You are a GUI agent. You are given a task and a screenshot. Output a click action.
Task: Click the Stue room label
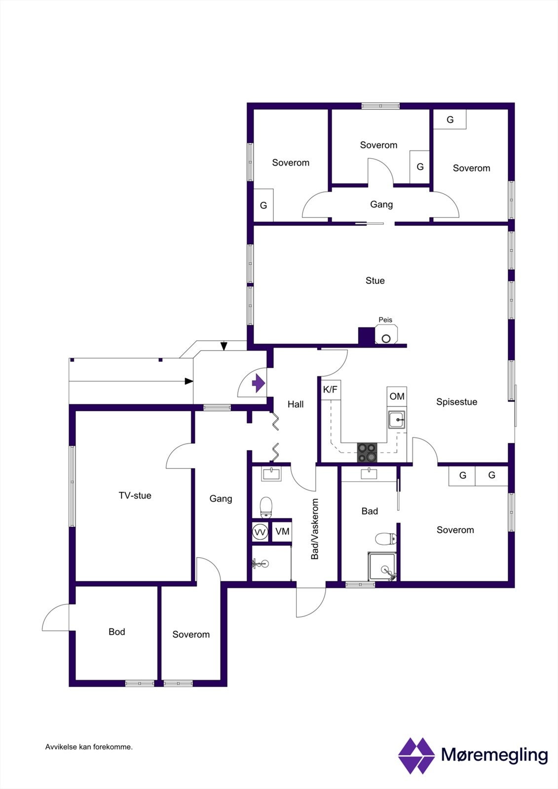[x=375, y=281]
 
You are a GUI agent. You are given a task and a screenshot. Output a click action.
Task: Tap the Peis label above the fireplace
[x=385, y=320]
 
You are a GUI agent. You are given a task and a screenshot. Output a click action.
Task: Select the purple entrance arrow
[x=259, y=383]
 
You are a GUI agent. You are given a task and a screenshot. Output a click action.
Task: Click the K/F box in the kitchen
[x=331, y=390]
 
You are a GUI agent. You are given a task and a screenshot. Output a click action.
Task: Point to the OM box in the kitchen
[x=397, y=396]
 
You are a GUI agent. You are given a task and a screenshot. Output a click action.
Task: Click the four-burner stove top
[x=367, y=452]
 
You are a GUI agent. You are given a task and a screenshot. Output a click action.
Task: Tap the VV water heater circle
[x=260, y=532]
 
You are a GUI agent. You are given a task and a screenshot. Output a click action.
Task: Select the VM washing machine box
[x=282, y=531]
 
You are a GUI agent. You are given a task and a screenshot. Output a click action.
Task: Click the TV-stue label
[x=135, y=496]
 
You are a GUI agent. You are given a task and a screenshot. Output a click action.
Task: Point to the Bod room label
[x=116, y=632]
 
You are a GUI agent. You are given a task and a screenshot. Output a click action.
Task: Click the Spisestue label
[x=457, y=402]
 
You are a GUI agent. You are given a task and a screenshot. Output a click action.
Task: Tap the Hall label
[x=296, y=404]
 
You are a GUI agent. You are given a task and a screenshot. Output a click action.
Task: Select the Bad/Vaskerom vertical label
[x=315, y=529]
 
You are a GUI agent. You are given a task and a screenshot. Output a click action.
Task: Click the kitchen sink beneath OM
[x=397, y=420]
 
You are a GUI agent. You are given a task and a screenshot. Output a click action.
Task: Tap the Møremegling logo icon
[x=416, y=755]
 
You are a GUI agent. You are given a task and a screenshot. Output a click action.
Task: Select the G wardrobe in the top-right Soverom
[x=450, y=119]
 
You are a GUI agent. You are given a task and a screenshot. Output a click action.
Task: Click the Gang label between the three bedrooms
[x=381, y=205]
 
